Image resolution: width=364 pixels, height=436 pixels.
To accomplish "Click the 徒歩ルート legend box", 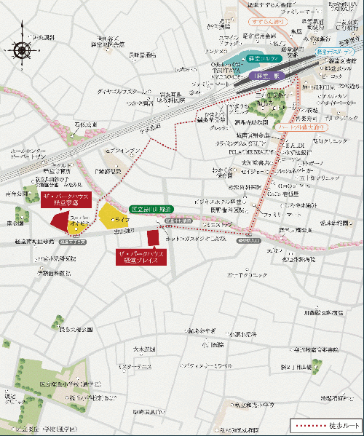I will (x=323, y=424).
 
